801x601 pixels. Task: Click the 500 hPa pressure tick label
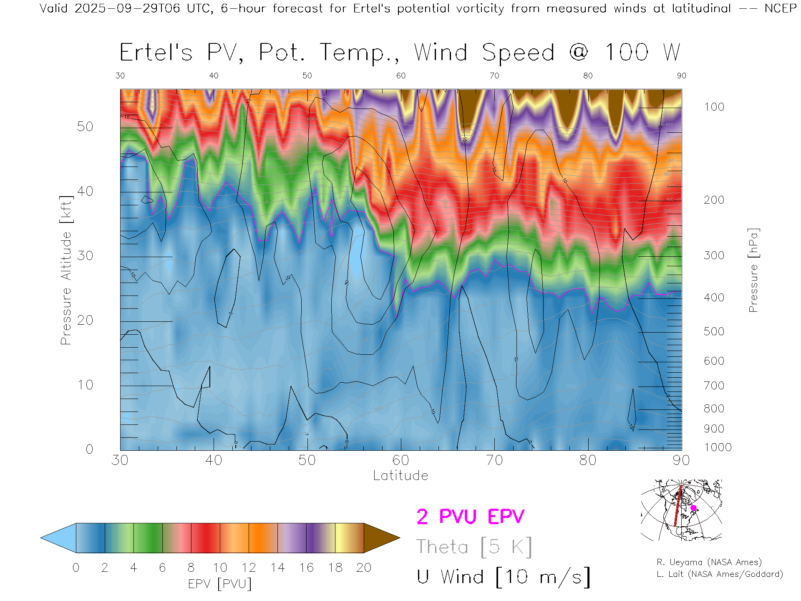tap(714, 331)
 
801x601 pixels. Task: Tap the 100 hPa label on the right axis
tap(714, 107)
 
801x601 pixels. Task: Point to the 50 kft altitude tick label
tap(85, 126)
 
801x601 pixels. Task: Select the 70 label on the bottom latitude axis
tap(494, 460)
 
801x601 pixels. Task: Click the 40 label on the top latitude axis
tap(214, 76)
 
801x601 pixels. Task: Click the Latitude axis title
tap(400, 475)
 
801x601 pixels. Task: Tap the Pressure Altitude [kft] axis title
tap(66, 270)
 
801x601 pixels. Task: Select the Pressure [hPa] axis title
tap(753, 270)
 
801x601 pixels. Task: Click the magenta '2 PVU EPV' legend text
tap(470, 517)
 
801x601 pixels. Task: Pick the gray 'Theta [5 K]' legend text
tap(474, 547)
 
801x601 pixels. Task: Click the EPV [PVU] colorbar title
tap(220, 584)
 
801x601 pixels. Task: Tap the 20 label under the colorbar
tap(364, 568)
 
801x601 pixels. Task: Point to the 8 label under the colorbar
tap(191, 568)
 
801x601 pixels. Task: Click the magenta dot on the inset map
tap(693, 508)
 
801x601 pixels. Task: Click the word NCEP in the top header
tap(781, 8)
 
